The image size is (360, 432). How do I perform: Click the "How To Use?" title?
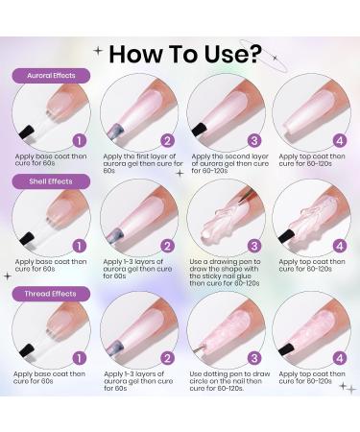point(185,54)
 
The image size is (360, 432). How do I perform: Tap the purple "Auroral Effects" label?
point(51,76)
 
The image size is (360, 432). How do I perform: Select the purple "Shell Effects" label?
point(51,181)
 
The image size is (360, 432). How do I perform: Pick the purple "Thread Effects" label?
point(51,294)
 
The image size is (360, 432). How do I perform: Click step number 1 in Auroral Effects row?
point(80,140)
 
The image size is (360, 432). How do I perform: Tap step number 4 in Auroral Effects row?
point(340,140)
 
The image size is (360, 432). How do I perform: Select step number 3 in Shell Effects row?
point(254,246)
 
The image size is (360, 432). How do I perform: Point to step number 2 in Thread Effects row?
point(167,358)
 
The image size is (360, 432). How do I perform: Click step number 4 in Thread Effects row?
point(340,358)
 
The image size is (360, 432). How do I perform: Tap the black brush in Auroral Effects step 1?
point(27,132)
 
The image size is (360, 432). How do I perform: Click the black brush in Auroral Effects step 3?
point(200,129)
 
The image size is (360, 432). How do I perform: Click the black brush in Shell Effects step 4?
point(286,236)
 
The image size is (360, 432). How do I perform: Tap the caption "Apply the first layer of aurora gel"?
point(143,163)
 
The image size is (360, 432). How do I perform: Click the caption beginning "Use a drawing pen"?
point(225,273)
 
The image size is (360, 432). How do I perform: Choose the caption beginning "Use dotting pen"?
point(229,381)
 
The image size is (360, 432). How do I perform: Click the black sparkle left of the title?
point(98,51)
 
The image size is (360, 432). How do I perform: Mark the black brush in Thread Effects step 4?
point(286,349)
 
